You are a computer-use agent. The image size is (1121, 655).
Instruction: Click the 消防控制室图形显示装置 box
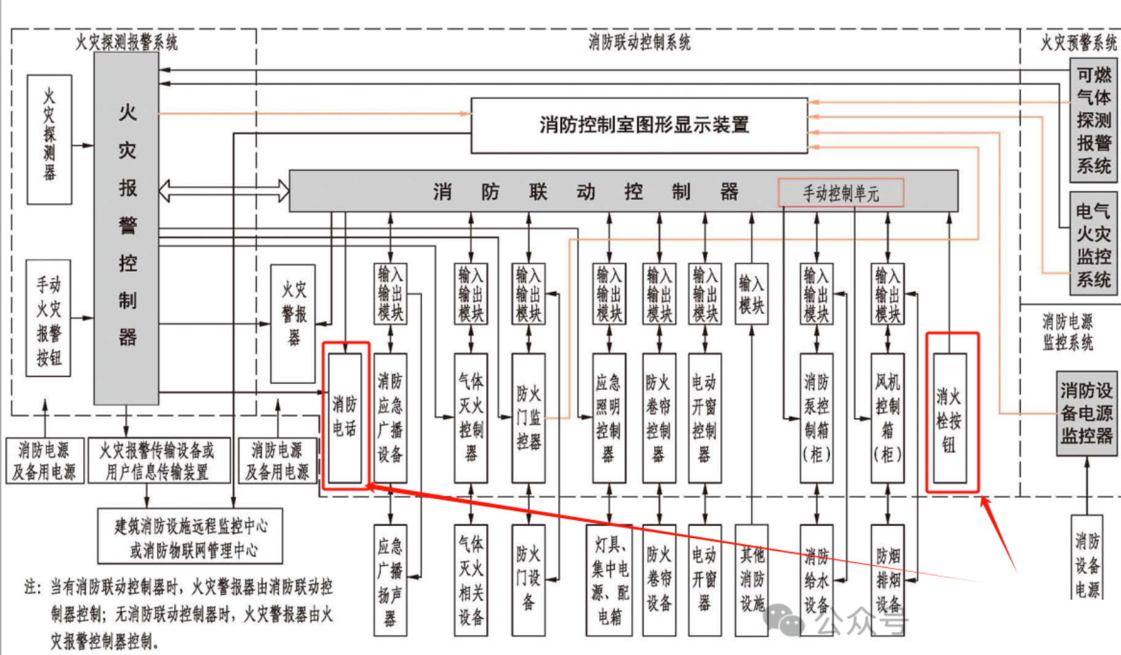[639, 125]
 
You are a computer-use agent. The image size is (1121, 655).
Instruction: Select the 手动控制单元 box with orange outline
[841, 193]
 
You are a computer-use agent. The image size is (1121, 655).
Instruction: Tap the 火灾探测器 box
[49, 139]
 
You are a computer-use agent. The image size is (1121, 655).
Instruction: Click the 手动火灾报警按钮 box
[48, 318]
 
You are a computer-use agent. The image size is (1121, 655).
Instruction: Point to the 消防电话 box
[345, 417]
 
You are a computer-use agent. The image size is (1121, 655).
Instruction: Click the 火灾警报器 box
[293, 323]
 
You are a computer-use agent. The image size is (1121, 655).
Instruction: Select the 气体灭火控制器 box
[471, 418]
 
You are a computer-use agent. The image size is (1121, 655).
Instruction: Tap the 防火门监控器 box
[529, 418]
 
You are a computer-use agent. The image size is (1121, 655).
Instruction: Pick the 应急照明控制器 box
[609, 418]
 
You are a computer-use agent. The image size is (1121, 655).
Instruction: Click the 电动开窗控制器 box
[704, 418]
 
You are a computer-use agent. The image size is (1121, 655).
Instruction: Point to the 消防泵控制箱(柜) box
[817, 418]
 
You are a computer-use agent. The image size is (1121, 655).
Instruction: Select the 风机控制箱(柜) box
[887, 418]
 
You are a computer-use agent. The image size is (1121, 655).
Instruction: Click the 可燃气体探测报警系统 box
[1093, 120]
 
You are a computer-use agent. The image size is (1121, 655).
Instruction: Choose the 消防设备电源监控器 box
[1086, 414]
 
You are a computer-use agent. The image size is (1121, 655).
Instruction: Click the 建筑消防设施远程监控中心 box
[190, 537]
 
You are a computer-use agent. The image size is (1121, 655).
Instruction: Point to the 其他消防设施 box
[751, 580]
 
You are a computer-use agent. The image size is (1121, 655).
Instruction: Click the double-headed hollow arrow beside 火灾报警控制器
[224, 190]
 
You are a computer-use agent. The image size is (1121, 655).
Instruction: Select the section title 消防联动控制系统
[639, 42]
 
